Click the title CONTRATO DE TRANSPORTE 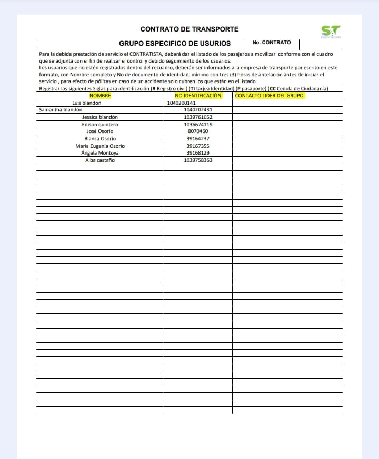[189, 29]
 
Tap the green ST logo [331, 32]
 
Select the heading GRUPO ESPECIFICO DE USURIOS [175, 44]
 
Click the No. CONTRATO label [272, 43]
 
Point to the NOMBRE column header [100, 96]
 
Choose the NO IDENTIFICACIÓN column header [198, 96]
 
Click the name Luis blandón [86, 103]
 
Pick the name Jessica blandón [100, 117]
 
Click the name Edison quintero [100, 125]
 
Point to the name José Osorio [100, 131]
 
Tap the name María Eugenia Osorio [100, 146]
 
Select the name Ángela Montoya [100, 153]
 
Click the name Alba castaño [100, 160]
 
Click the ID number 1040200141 [181, 103]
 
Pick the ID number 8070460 [198, 131]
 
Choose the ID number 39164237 [198, 139]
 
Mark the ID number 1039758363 [198, 160]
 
